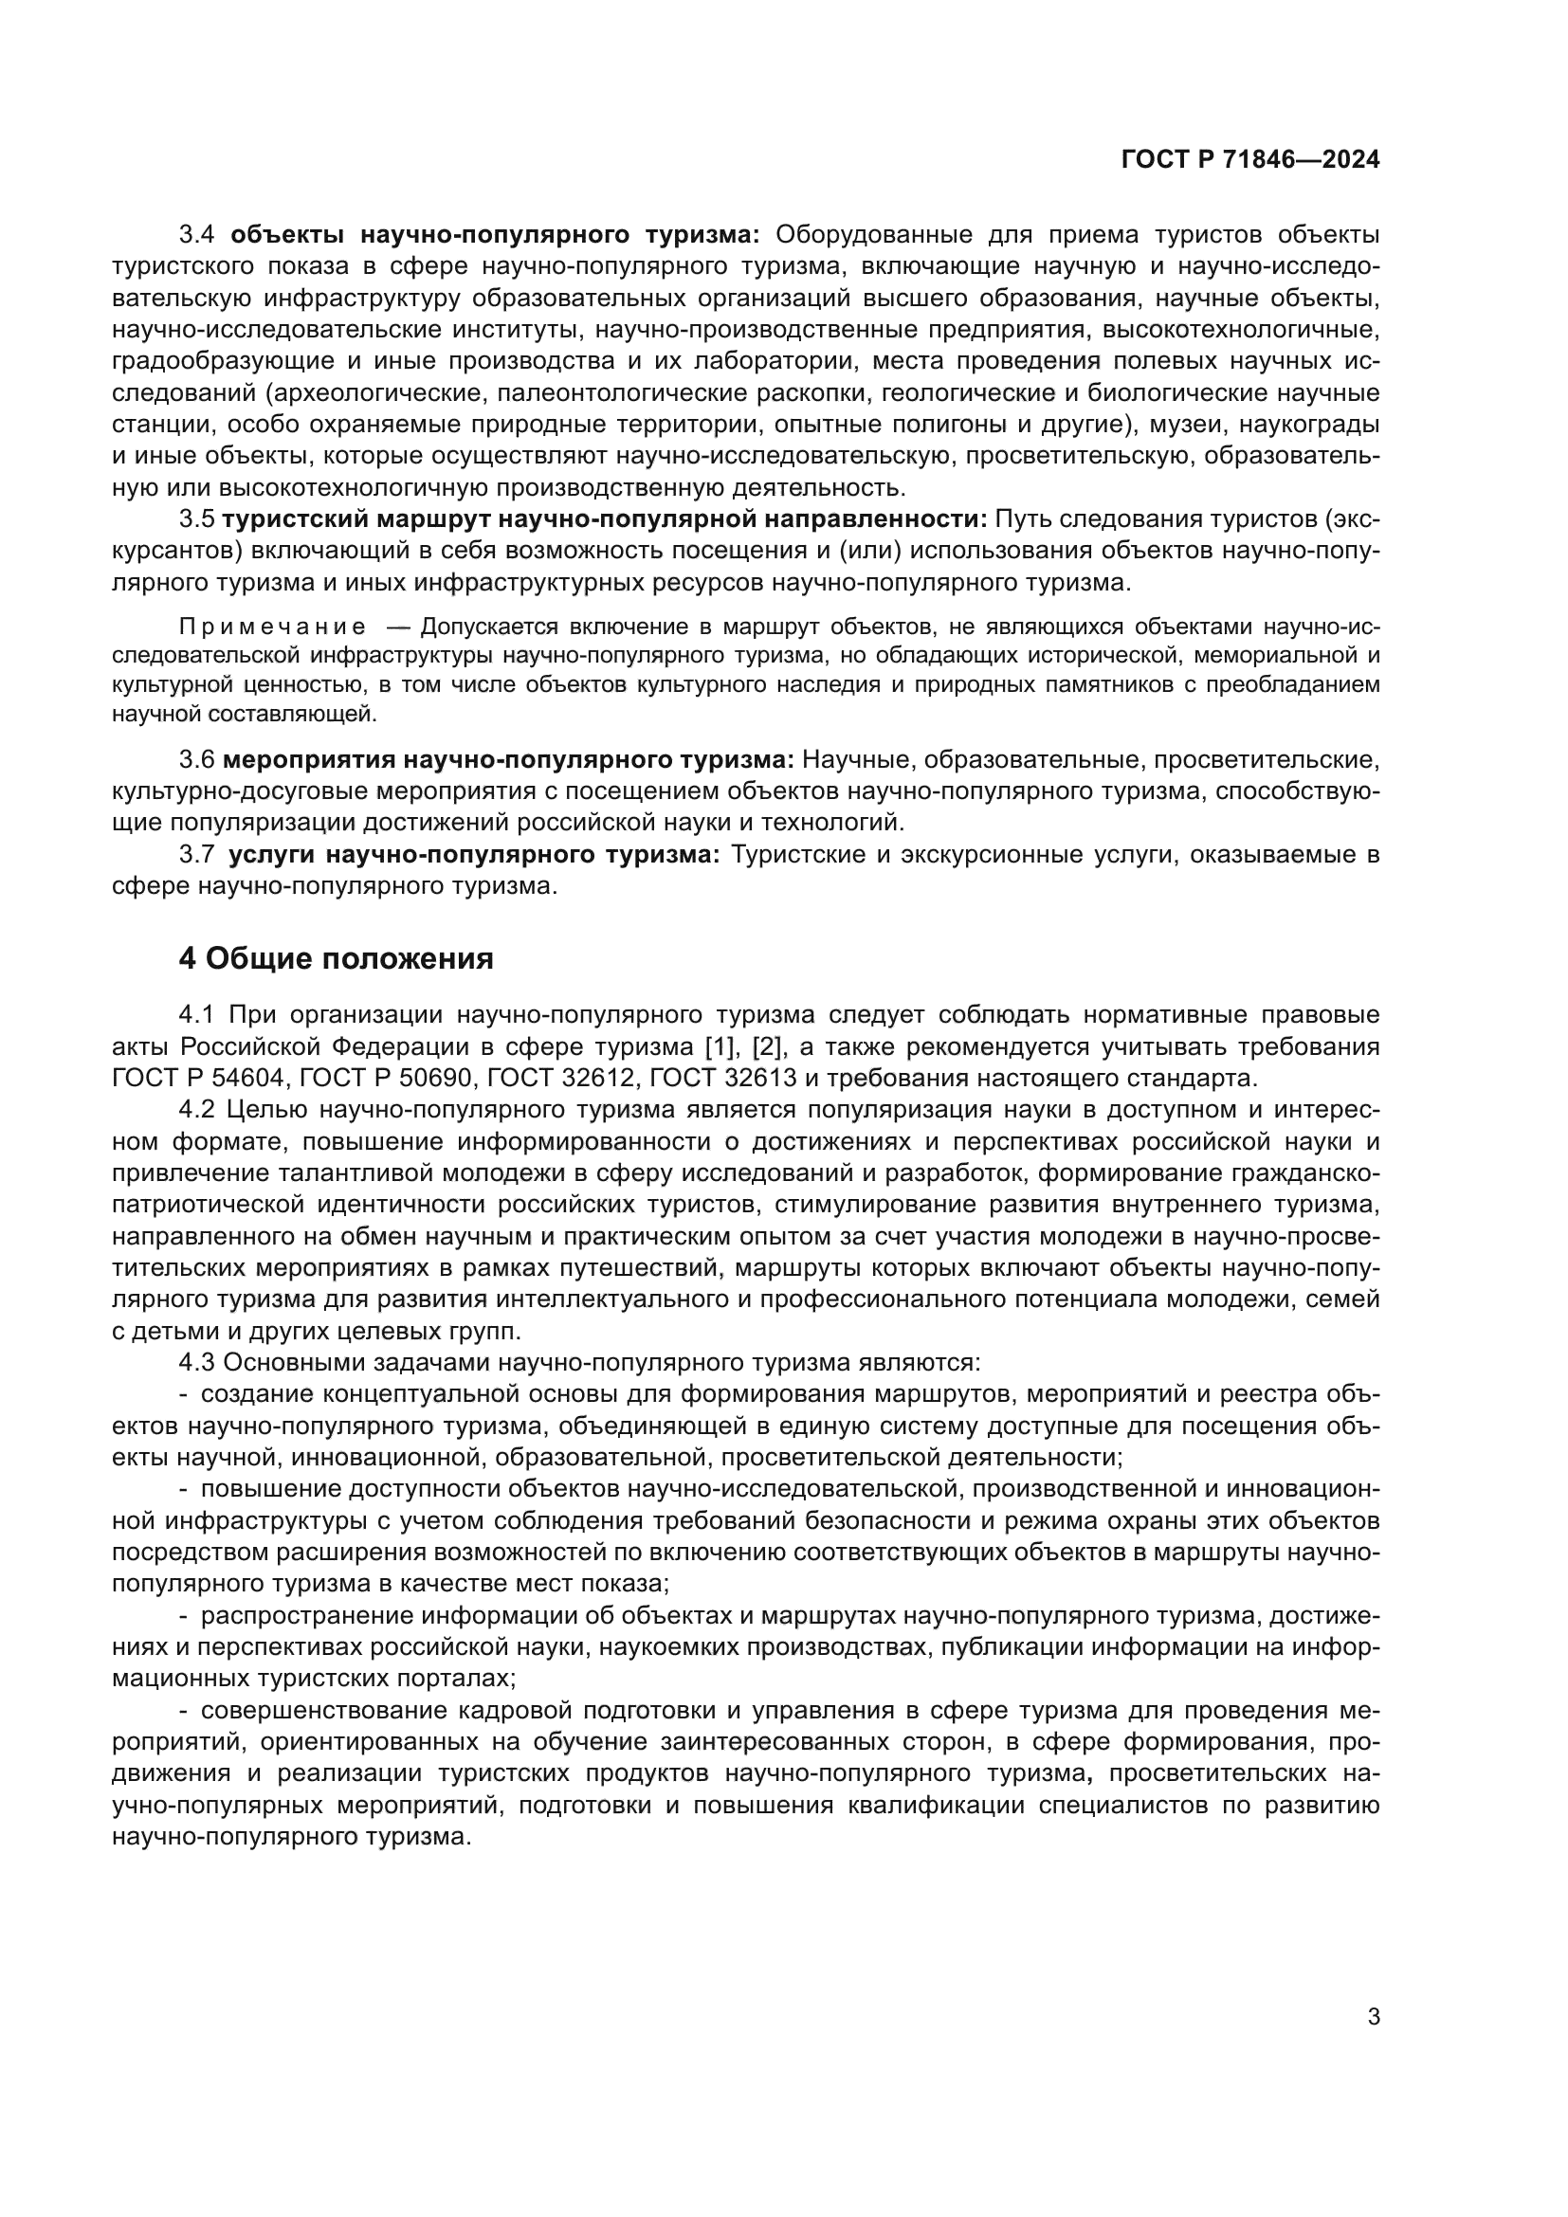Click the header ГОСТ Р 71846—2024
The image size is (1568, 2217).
1250,159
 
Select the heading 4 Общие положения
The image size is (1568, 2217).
336,958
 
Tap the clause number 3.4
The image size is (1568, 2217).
201,235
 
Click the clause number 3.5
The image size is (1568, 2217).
197,519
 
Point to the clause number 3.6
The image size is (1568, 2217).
197,760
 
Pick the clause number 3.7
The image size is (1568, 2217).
199,855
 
